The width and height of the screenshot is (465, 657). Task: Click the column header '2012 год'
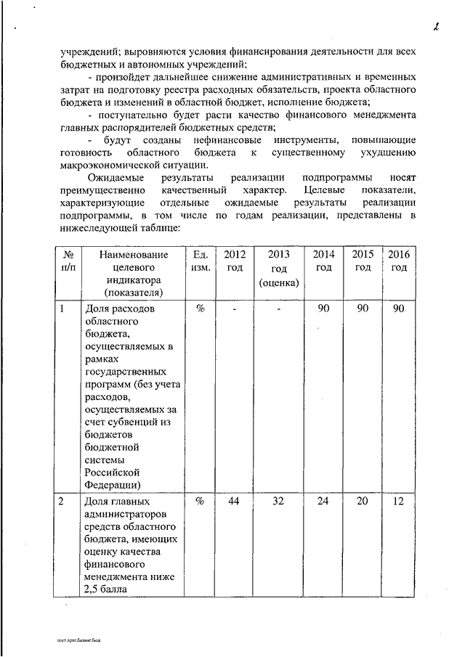tap(234, 261)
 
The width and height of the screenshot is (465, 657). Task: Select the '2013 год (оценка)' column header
tap(279, 268)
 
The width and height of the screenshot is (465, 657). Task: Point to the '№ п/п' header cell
tap(66, 261)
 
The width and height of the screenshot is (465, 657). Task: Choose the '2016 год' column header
tap(398, 261)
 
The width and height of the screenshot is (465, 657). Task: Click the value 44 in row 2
tap(234, 502)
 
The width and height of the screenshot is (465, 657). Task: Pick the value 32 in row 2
tap(279, 502)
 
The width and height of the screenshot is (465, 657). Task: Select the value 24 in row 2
tap(324, 502)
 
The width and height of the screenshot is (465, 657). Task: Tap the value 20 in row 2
tap(363, 502)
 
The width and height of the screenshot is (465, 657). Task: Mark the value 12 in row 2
tap(398, 502)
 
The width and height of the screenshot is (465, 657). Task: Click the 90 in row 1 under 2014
tap(324, 309)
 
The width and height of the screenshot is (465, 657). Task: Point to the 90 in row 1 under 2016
tap(398, 309)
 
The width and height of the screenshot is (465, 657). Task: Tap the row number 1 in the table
tap(62, 309)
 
